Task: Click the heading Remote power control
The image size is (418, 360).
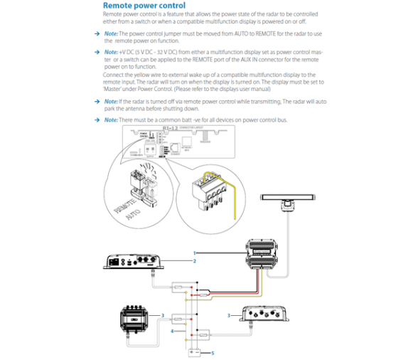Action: click(x=144, y=6)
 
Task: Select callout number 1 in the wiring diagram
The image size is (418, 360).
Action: click(x=194, y=253)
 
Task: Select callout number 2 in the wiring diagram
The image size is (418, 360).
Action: click(x=194, y=261)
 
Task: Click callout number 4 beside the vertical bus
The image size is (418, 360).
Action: click(x=172, y=331)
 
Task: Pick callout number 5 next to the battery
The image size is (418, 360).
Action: click(x=213, y=352)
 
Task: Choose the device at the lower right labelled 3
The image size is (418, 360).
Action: click(x=266, y=314)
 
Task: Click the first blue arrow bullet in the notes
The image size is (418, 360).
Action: click(x=97, y=33)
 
